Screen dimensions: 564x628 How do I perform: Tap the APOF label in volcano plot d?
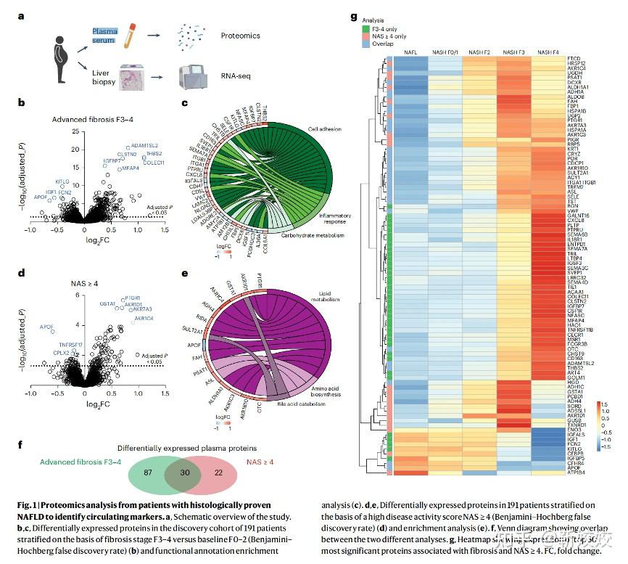click(46, 328)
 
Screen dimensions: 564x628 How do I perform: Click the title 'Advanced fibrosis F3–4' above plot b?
click(94, 120)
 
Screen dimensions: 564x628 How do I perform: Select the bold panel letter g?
click(353, 15)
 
